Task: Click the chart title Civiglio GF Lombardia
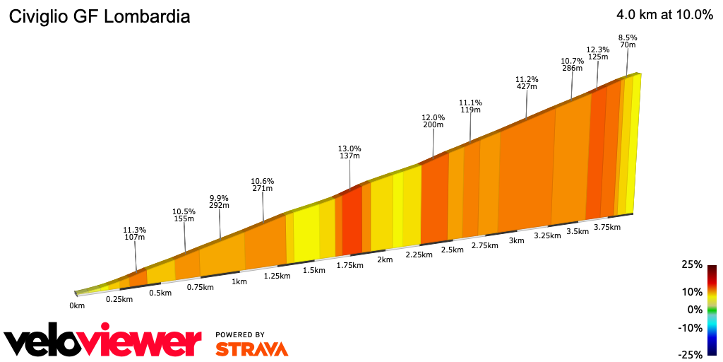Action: [99, 17]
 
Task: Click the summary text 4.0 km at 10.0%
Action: [664, 15]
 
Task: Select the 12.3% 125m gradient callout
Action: [598, 52]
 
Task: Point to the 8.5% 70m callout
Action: [627, 41]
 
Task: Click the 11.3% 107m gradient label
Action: [134, 234]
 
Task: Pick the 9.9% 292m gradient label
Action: [220, 202]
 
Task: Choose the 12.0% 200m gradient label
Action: [433, 121]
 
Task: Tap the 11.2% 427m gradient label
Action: [527, 83]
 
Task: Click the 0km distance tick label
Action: [77, 305]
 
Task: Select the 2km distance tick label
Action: [384, 259]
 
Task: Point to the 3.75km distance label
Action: [607, 227]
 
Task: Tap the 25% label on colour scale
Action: [693, 265]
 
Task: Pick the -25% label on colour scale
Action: [691, 354]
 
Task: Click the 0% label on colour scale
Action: [695, 310]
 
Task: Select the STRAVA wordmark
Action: [251, 349]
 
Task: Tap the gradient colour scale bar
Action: [712, 310]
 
